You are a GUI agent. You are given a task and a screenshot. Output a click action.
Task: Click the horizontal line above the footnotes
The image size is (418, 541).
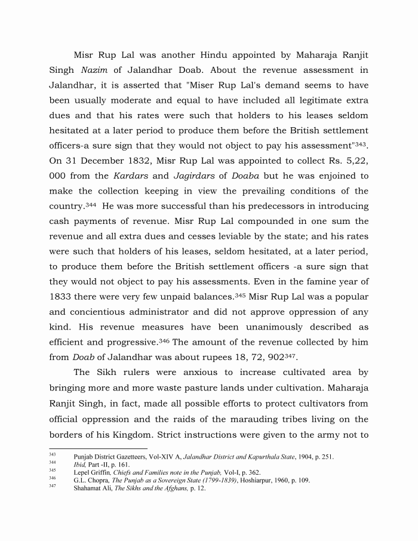98,448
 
